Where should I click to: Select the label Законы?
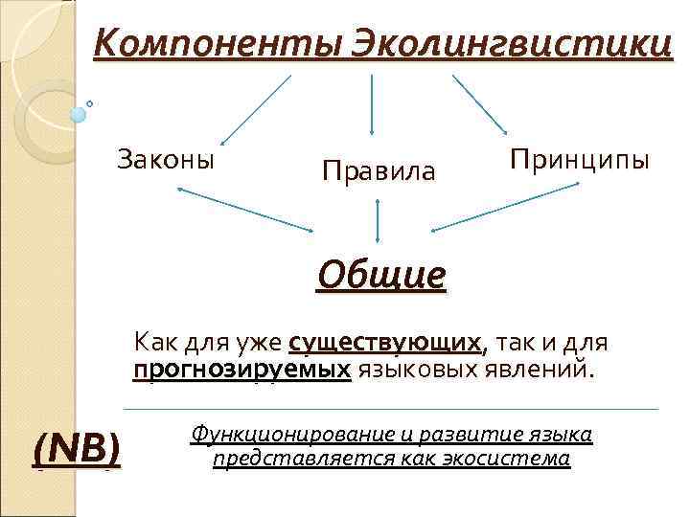click(166, 158)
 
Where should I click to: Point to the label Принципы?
click(580, 158)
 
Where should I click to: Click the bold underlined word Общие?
click(382, 276)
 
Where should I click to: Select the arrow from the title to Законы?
click(254, 108)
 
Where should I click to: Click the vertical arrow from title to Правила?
click(372, 105)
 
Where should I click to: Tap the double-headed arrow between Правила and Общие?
click(379, 221)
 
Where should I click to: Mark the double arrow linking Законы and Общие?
click(245, 209)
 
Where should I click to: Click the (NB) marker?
click(77, 447)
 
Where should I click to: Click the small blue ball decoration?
click(79, 114)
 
